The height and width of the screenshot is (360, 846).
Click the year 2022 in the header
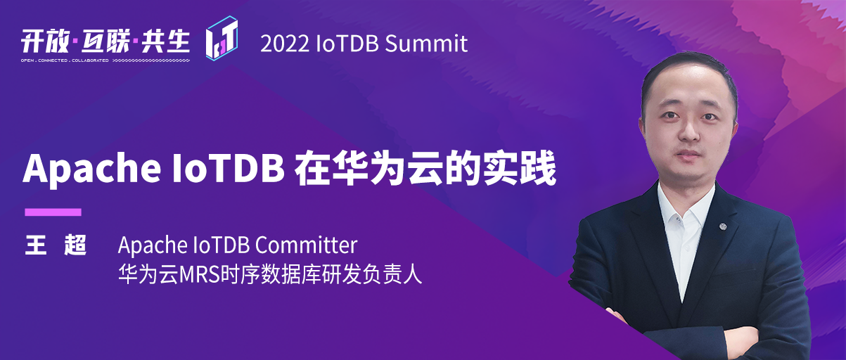pyautogui.click(x=284, y=44)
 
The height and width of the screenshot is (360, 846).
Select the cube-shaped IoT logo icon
pyautogui.click(x=222, y=38)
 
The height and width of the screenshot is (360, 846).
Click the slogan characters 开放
pyautogui.click(x=45, y=41)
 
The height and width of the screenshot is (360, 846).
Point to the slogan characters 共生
pyautogui.click(x=165, y=41)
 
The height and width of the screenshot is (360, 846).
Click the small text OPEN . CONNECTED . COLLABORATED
pyautogui.click(x=65, y=60)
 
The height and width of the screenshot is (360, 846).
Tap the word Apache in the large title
pyautogui.click(x=92, y=169)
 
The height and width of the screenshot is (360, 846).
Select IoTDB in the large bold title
pyautogui.click(x=229, y=168)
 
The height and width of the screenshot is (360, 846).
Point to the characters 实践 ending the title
pyautogui.click(x=520, y=168)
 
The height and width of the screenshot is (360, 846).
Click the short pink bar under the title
pyautogui.click(x=53, y=212)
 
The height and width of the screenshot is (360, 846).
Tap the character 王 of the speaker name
pyautogui.click(x=35, y=245)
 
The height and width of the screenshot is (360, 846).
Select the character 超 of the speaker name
pyautogui.click(x=75, y=245)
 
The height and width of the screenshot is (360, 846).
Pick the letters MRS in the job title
pyautogui.click(x=200, y=275)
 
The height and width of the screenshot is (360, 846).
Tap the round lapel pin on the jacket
pyautogui.click(x=723, y=226)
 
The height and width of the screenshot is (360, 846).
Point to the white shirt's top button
pyautogui.click(x=679, y=219)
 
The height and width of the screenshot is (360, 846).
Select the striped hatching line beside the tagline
pyautogui.click(x=151, y=60)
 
